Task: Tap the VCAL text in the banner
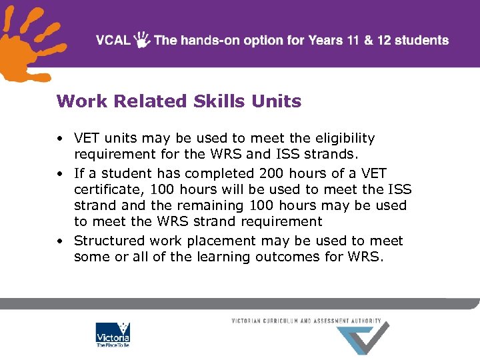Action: point(113,40)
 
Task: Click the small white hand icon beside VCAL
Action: point(143,40)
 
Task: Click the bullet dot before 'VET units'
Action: point(60,139)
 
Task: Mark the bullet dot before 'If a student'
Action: point(60,173)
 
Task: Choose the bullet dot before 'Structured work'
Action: point(60,241)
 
